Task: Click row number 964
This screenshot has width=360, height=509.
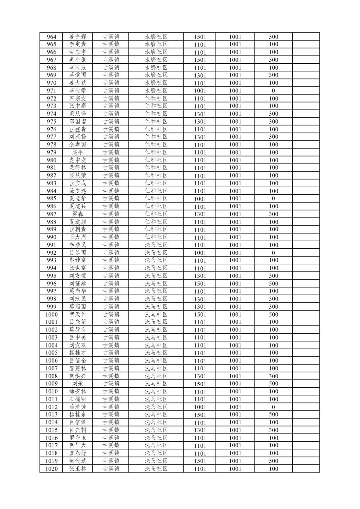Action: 52,37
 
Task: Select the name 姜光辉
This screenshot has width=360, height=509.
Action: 78,37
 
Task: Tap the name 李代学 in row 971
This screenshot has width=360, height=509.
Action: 78,91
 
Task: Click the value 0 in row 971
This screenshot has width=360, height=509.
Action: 273,91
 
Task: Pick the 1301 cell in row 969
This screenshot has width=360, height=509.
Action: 200,75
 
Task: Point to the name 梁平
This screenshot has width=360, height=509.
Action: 78,152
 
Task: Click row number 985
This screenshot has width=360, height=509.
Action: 52,199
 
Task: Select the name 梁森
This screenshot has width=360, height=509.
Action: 78,214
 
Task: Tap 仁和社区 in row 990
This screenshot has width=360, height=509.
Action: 156,237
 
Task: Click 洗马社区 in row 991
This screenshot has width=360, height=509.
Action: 156,245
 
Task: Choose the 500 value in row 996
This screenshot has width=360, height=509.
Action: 273,283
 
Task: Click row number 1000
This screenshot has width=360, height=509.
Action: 52,314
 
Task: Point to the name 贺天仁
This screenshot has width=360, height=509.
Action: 78,314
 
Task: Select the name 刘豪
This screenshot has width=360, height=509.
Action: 78,384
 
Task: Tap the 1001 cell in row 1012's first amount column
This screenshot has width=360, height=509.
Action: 200,407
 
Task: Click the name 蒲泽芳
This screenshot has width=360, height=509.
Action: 78,407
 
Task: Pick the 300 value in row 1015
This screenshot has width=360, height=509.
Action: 273,430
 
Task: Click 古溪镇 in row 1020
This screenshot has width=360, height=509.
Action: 111,469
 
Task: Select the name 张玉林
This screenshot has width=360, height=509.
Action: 78,469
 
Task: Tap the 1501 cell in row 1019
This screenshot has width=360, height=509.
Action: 200,461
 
